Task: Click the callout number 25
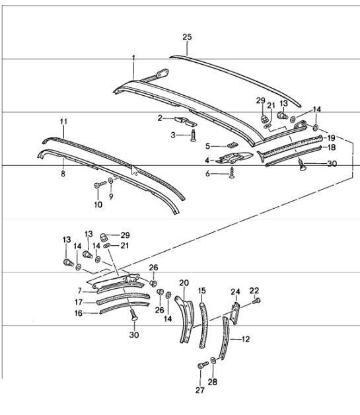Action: tap(187, 38)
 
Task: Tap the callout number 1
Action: tap(133, 58)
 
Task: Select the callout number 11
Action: tap(64, 122)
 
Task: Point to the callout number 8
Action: tap(63, 174)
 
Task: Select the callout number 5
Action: tap(207, 145)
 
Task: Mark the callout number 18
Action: tap(332, 148)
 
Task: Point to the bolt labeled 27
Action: tap(201, 364)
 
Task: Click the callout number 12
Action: tap(246, 339)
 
